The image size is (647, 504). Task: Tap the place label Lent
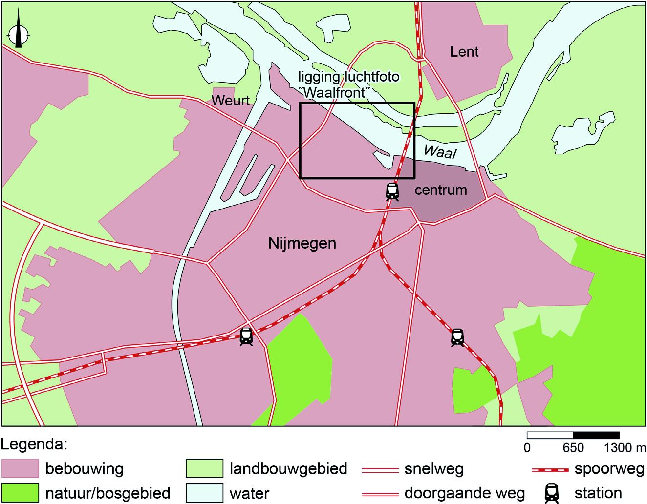(464, 52)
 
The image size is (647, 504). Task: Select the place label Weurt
(230, 101)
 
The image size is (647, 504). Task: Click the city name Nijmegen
(302, 243)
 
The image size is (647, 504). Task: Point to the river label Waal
(440, 152)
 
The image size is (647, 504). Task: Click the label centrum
(441, 190)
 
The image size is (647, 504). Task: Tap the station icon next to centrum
(392, 191)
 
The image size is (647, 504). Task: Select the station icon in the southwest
(246, 336)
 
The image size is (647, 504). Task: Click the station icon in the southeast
(457, 337)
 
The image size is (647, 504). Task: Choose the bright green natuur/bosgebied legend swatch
(20, 492)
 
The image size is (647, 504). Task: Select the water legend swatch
(204, 492)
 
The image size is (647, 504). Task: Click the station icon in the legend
(552, 492)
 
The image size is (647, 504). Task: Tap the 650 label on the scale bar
(573, 447)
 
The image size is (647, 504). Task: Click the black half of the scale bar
(596, 435)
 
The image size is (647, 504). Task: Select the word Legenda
(34, 445)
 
